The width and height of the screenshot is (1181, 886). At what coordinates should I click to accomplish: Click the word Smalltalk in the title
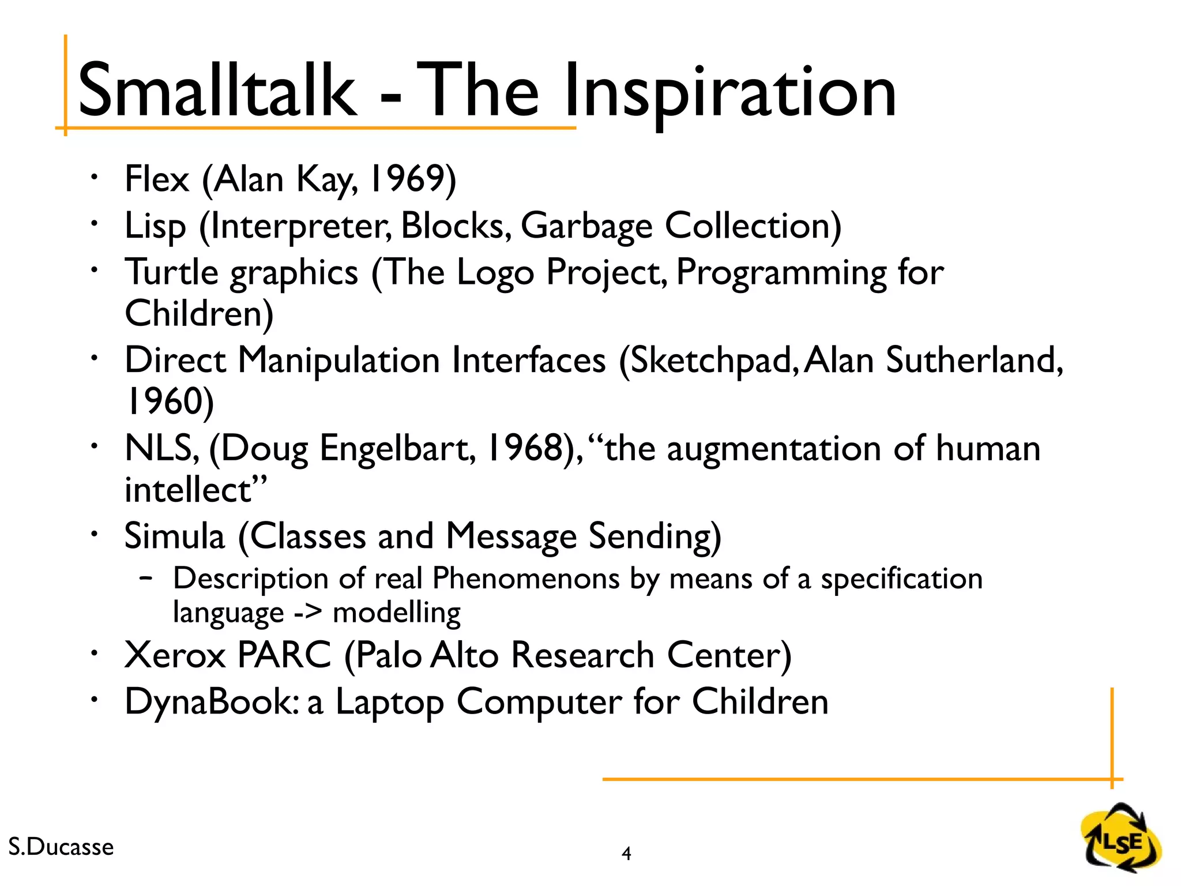[x=216, y=91]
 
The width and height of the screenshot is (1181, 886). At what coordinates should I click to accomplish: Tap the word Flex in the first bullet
[x=156, y=179]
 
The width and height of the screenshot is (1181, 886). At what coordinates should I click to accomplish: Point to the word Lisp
[x=155, y=226]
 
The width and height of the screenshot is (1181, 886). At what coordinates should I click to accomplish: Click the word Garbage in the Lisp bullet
[x=586, y=226]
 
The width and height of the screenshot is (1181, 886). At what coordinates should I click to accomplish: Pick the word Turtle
[x=171, y=272]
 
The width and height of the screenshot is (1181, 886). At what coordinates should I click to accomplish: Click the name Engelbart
[x=398, y=449]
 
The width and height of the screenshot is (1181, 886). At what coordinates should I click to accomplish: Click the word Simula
[x=174, y=536]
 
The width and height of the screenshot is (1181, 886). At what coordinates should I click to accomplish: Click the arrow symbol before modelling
[x=307, y=613]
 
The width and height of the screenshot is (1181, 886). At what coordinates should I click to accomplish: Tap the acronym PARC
[x=284, y=655]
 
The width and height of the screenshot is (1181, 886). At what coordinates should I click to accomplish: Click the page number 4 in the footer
[x=626, y=853]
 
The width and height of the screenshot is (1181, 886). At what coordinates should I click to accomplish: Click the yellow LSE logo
[x=1120, y=840]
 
